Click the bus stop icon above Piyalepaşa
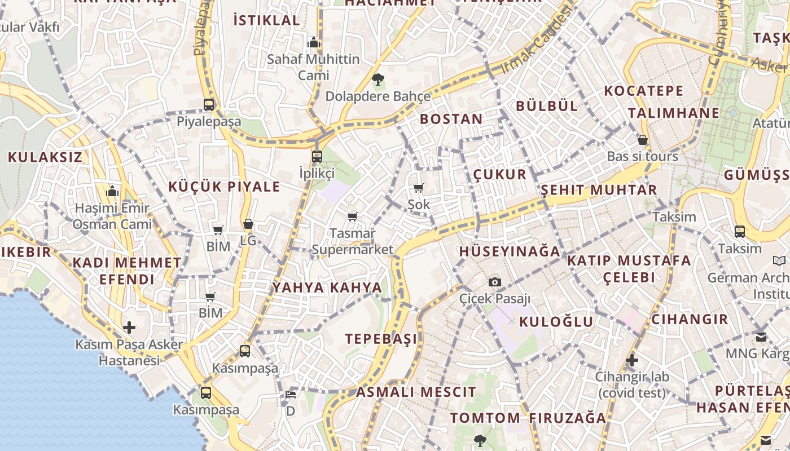pyautogui.click(x=209, y=104)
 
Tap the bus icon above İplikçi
pyautogui.click(x=317, y=157)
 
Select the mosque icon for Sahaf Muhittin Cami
pyautogui.click(x=313, y=42)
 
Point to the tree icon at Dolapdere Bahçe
pyautogui.click(x=378, y=79)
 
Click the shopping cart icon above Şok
pyautogui.click(x=418, y=188)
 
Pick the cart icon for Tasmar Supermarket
pyautogui.click(x=353, y=216)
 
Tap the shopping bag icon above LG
pyautogui.click(x=248, y=224)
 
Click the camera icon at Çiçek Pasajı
pyautogui.click(x=495, y=282)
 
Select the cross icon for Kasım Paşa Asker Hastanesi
pyautogui.click(x=129, y=328)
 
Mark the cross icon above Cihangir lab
pyautogui.click(x=632, y=360)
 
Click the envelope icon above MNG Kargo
pyautogui.click(x=761, y=337)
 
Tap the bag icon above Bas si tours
pyautogui.click(x=642, y=140)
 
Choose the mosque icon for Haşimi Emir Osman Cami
pyautogui.click(x=112, y=192)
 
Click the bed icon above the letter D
pyautogui.click(x=290, y=395)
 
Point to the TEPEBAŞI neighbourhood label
pyautogui.click(x=381, y=339)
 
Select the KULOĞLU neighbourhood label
pyautogui.click(x=556, y=322)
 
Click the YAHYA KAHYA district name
pyautogui.click(x=327, y=288)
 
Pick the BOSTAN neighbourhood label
pyautogui.click(x=451, y=119)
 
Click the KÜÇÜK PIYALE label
pyautogui.click(x=224, y=187)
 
